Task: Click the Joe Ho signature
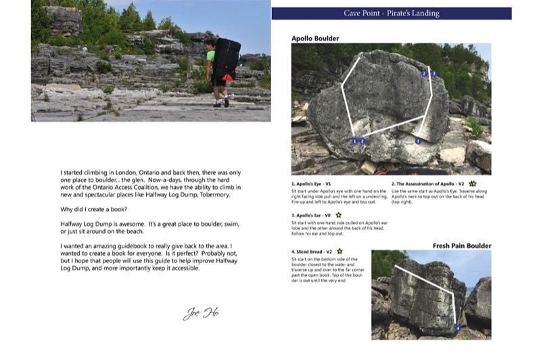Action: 202,313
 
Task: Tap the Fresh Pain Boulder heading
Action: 462,245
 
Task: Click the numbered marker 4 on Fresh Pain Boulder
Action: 458,328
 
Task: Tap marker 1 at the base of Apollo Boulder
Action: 355,141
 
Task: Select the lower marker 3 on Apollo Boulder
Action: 418,141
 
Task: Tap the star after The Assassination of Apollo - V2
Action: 473,183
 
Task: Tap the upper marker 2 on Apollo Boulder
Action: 424,73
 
